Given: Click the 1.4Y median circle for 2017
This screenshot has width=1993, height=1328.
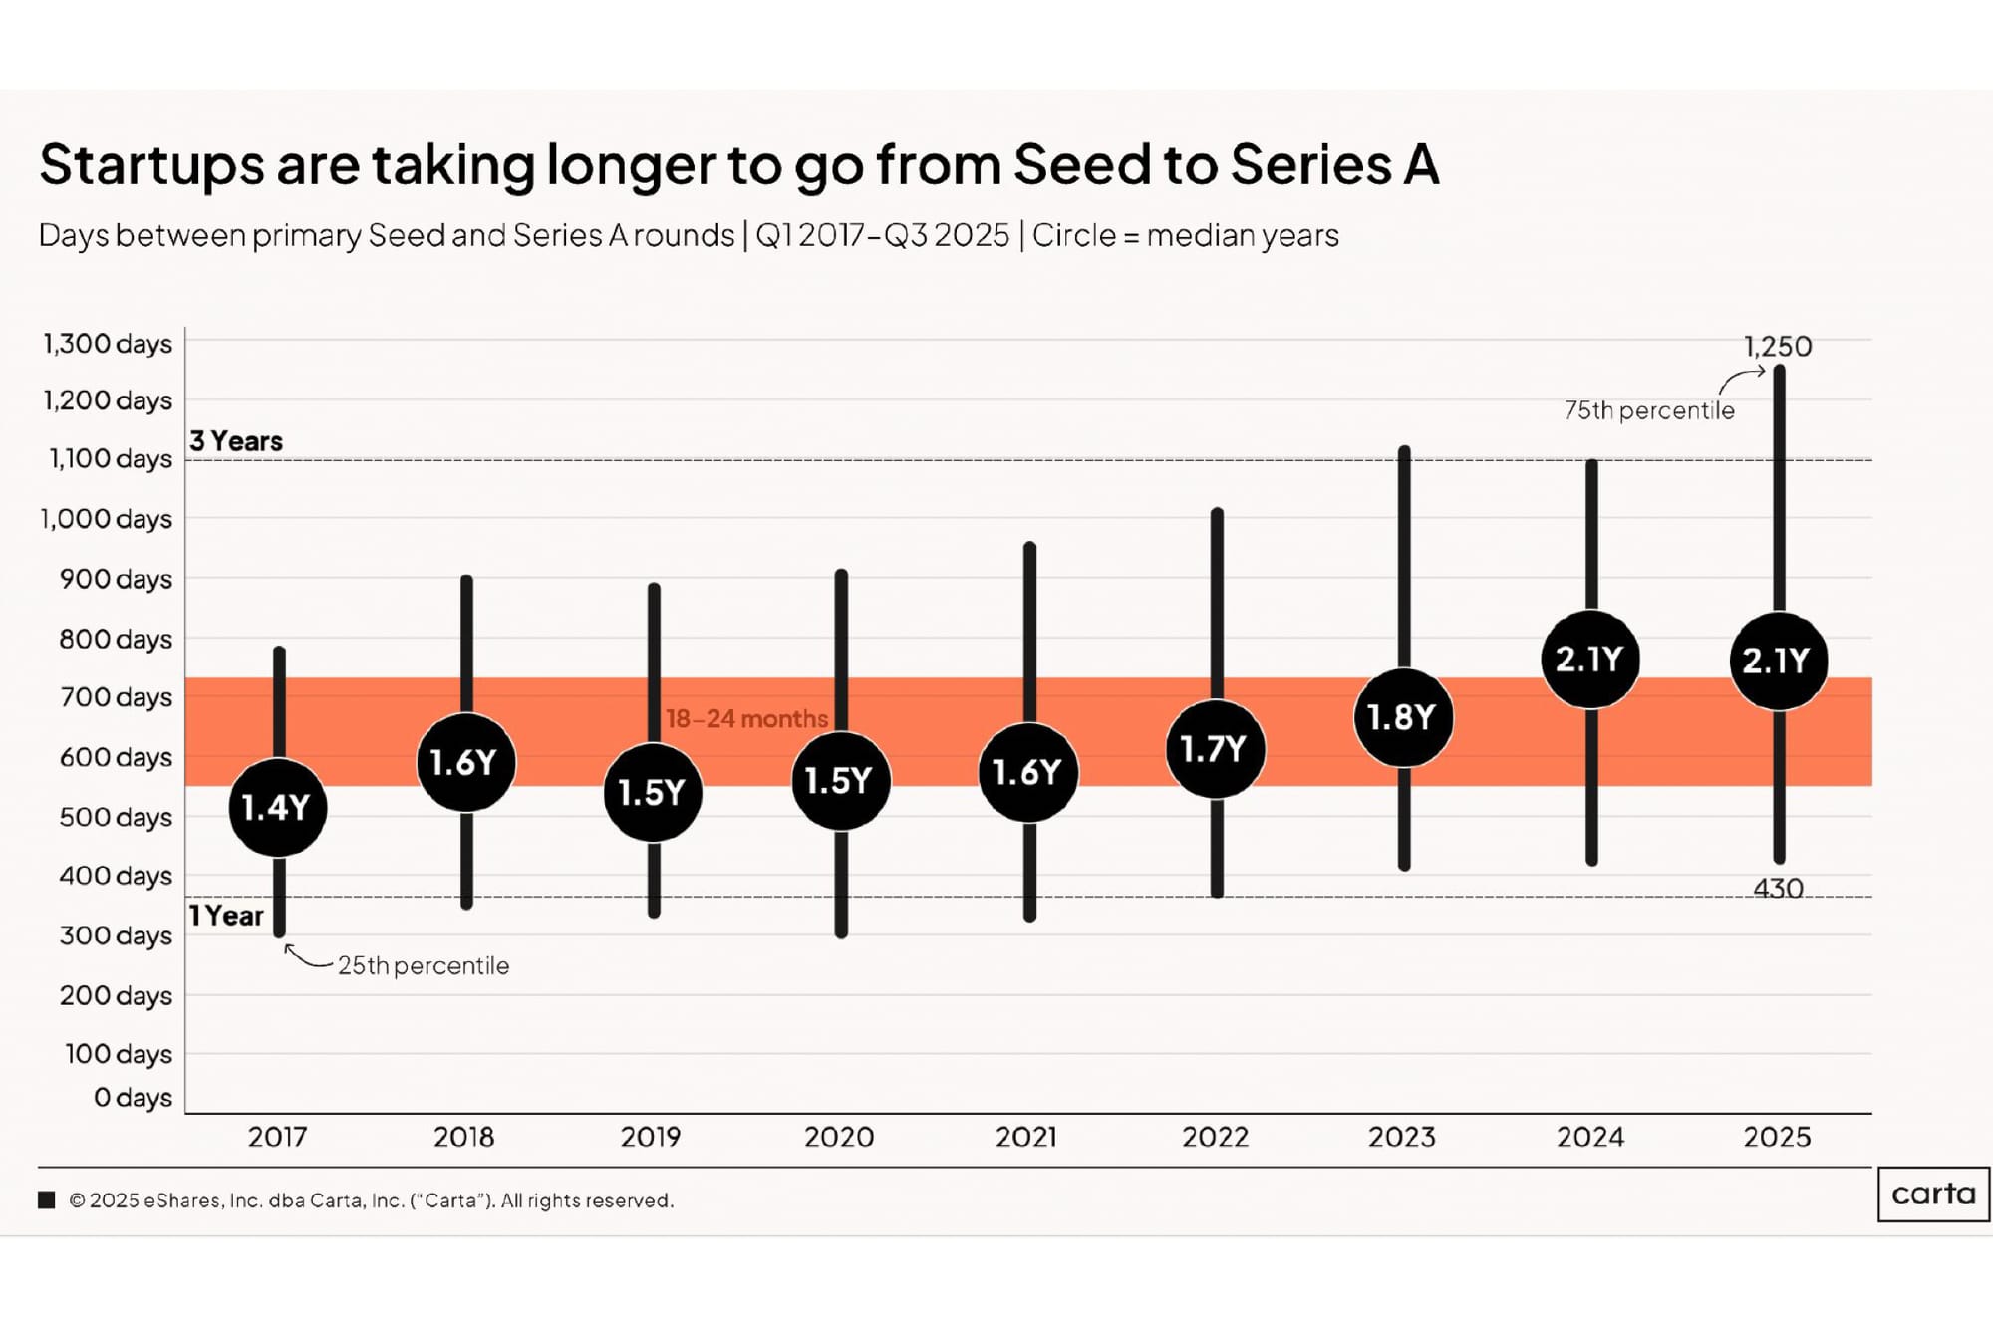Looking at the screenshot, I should point(277,807).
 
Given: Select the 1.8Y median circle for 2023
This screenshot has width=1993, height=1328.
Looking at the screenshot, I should point(1402,717).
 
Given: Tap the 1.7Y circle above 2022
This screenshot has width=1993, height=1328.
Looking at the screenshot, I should point(1215,748).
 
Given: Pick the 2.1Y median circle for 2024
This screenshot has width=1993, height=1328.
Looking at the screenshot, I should point(1589,660).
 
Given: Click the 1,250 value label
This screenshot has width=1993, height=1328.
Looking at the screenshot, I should point(1777,347).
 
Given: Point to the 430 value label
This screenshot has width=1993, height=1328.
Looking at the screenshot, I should point(1778,888).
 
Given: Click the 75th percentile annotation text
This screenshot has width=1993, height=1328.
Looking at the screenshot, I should point(1649,410).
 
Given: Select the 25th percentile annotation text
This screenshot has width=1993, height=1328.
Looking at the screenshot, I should point(423,965).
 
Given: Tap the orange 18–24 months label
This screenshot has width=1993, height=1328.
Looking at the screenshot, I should point(746,718).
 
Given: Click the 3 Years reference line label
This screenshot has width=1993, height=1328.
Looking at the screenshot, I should point(236,441).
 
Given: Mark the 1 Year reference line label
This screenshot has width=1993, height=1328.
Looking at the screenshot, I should point(226,916).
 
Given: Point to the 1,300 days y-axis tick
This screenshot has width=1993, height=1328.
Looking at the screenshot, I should point(107,344).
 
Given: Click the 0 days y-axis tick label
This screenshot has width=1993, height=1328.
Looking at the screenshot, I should point(133,1097).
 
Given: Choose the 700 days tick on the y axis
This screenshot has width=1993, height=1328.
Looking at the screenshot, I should point(116,697).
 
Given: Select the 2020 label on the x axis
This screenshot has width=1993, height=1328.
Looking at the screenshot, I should point(839,1137).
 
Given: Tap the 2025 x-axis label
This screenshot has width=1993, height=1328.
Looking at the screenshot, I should point(1777,1137).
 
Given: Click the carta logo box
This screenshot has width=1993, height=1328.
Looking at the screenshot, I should point(1933,1194).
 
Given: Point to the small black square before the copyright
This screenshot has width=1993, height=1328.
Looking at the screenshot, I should point(47,1199).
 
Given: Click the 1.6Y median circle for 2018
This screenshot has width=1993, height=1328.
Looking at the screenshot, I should point(465,762).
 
